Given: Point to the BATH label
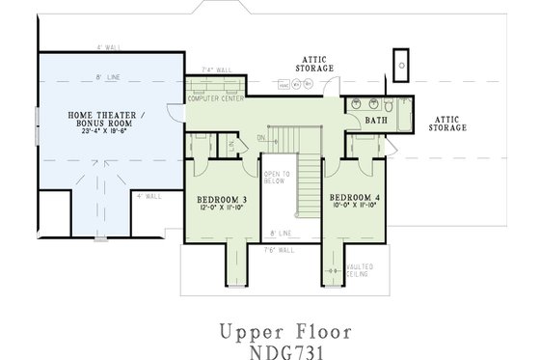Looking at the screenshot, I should (376, 121).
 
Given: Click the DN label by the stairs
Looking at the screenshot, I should (261, 138).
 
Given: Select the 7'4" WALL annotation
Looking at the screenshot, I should (216, 69).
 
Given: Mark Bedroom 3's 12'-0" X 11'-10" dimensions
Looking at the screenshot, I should (223, 207).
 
